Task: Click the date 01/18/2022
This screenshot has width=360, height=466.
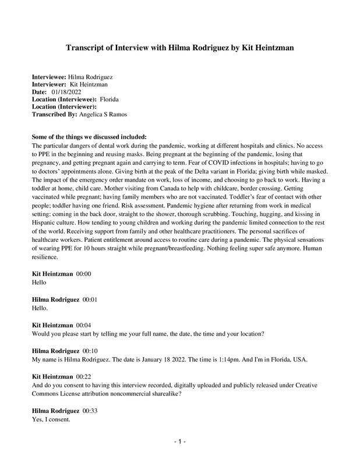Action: coord(66,92)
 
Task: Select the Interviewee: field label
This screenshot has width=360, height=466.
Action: coord(49,77)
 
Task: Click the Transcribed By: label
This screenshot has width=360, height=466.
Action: coord(54,115)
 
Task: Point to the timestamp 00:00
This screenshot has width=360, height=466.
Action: coord(84,273)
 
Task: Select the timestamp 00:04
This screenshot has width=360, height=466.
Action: coord(84,324)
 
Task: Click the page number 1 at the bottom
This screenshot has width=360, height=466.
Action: coord(180,443)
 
